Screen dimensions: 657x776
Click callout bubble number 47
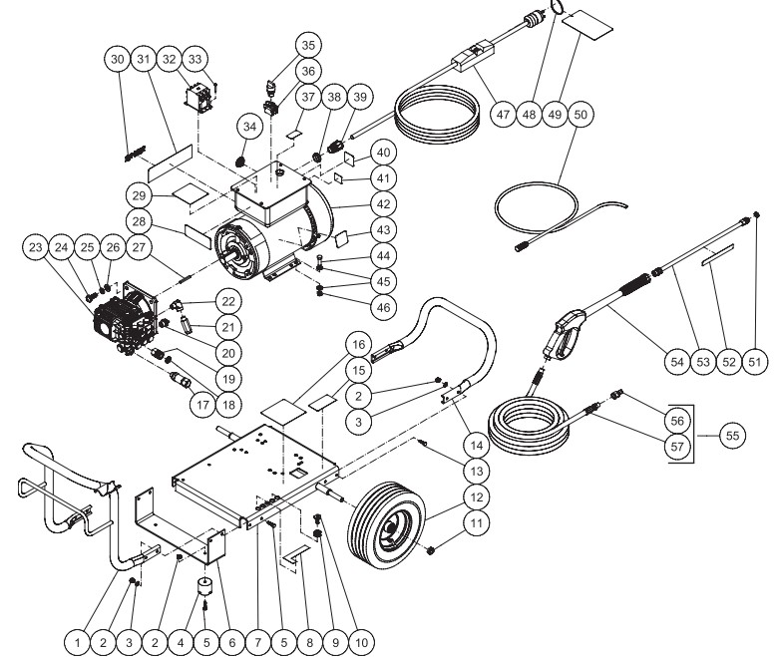click(503, 115)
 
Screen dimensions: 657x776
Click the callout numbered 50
click(582, 115)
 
